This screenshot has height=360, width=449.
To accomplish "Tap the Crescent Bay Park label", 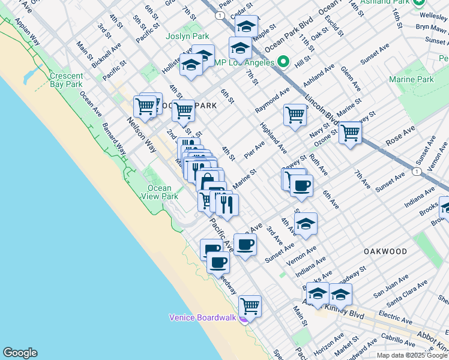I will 65,80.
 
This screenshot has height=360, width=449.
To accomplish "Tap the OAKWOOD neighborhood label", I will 384,251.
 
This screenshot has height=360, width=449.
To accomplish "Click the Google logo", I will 20,353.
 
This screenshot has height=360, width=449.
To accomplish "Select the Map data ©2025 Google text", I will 411,355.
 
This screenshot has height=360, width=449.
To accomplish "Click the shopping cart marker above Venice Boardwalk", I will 250,305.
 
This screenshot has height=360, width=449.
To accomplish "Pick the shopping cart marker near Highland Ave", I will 295,114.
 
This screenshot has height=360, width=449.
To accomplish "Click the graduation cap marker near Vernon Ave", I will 306,223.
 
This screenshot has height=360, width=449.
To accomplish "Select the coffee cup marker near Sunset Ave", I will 245,244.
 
